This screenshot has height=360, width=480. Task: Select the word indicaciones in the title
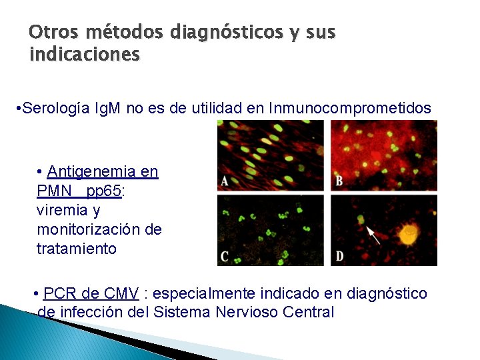click(85, 54)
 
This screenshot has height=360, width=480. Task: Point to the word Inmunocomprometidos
click(350, 108)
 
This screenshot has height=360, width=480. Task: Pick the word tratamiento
click(77, 249)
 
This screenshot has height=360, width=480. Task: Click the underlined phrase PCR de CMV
click(91, 294)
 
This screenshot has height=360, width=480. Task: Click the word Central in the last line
click(308, 312)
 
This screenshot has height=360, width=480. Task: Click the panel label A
click(225, 182)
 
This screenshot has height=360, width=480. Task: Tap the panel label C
click(225, 257)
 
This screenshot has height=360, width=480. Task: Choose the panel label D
click(339, 257)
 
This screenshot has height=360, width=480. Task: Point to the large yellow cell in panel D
click(407, 234)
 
